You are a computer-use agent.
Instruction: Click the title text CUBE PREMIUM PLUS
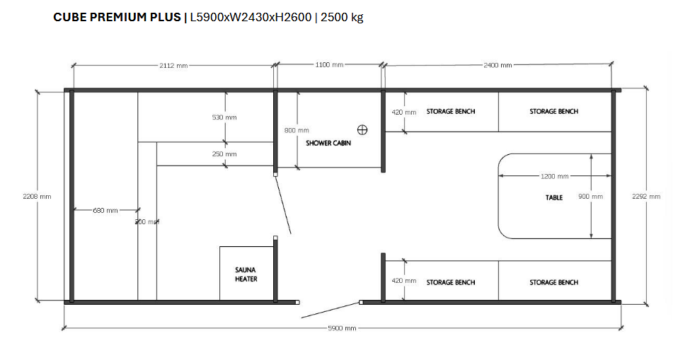[x=117, y=18]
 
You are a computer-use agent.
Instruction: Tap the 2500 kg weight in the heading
[x=342, y=18]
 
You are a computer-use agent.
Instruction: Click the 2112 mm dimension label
[x=173, y=65]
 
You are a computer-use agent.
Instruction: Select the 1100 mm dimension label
[x=329, y=65]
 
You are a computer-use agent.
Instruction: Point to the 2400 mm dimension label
[x=498, y=65]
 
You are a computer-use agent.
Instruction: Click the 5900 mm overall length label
[x=342, y=329]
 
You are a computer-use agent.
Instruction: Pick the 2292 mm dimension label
[x=645, y=197]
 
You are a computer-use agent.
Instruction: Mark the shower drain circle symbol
[x=363, y=129]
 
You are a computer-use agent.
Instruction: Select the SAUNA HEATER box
[x=246, y=274]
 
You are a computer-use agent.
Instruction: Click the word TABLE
[x=554, y=197]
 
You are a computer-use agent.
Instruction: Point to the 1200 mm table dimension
[x=554, y=176]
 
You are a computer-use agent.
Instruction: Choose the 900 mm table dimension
[x=591, y=197]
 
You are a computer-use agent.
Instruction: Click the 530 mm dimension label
[x=224, y=117]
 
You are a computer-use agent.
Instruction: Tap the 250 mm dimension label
[x=224, y=153]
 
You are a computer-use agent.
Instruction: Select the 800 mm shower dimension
[x=297, y=130]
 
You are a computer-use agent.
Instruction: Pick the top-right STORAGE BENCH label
[x=553, y=112]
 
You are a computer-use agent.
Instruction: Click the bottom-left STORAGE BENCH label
[x=451, y=282]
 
